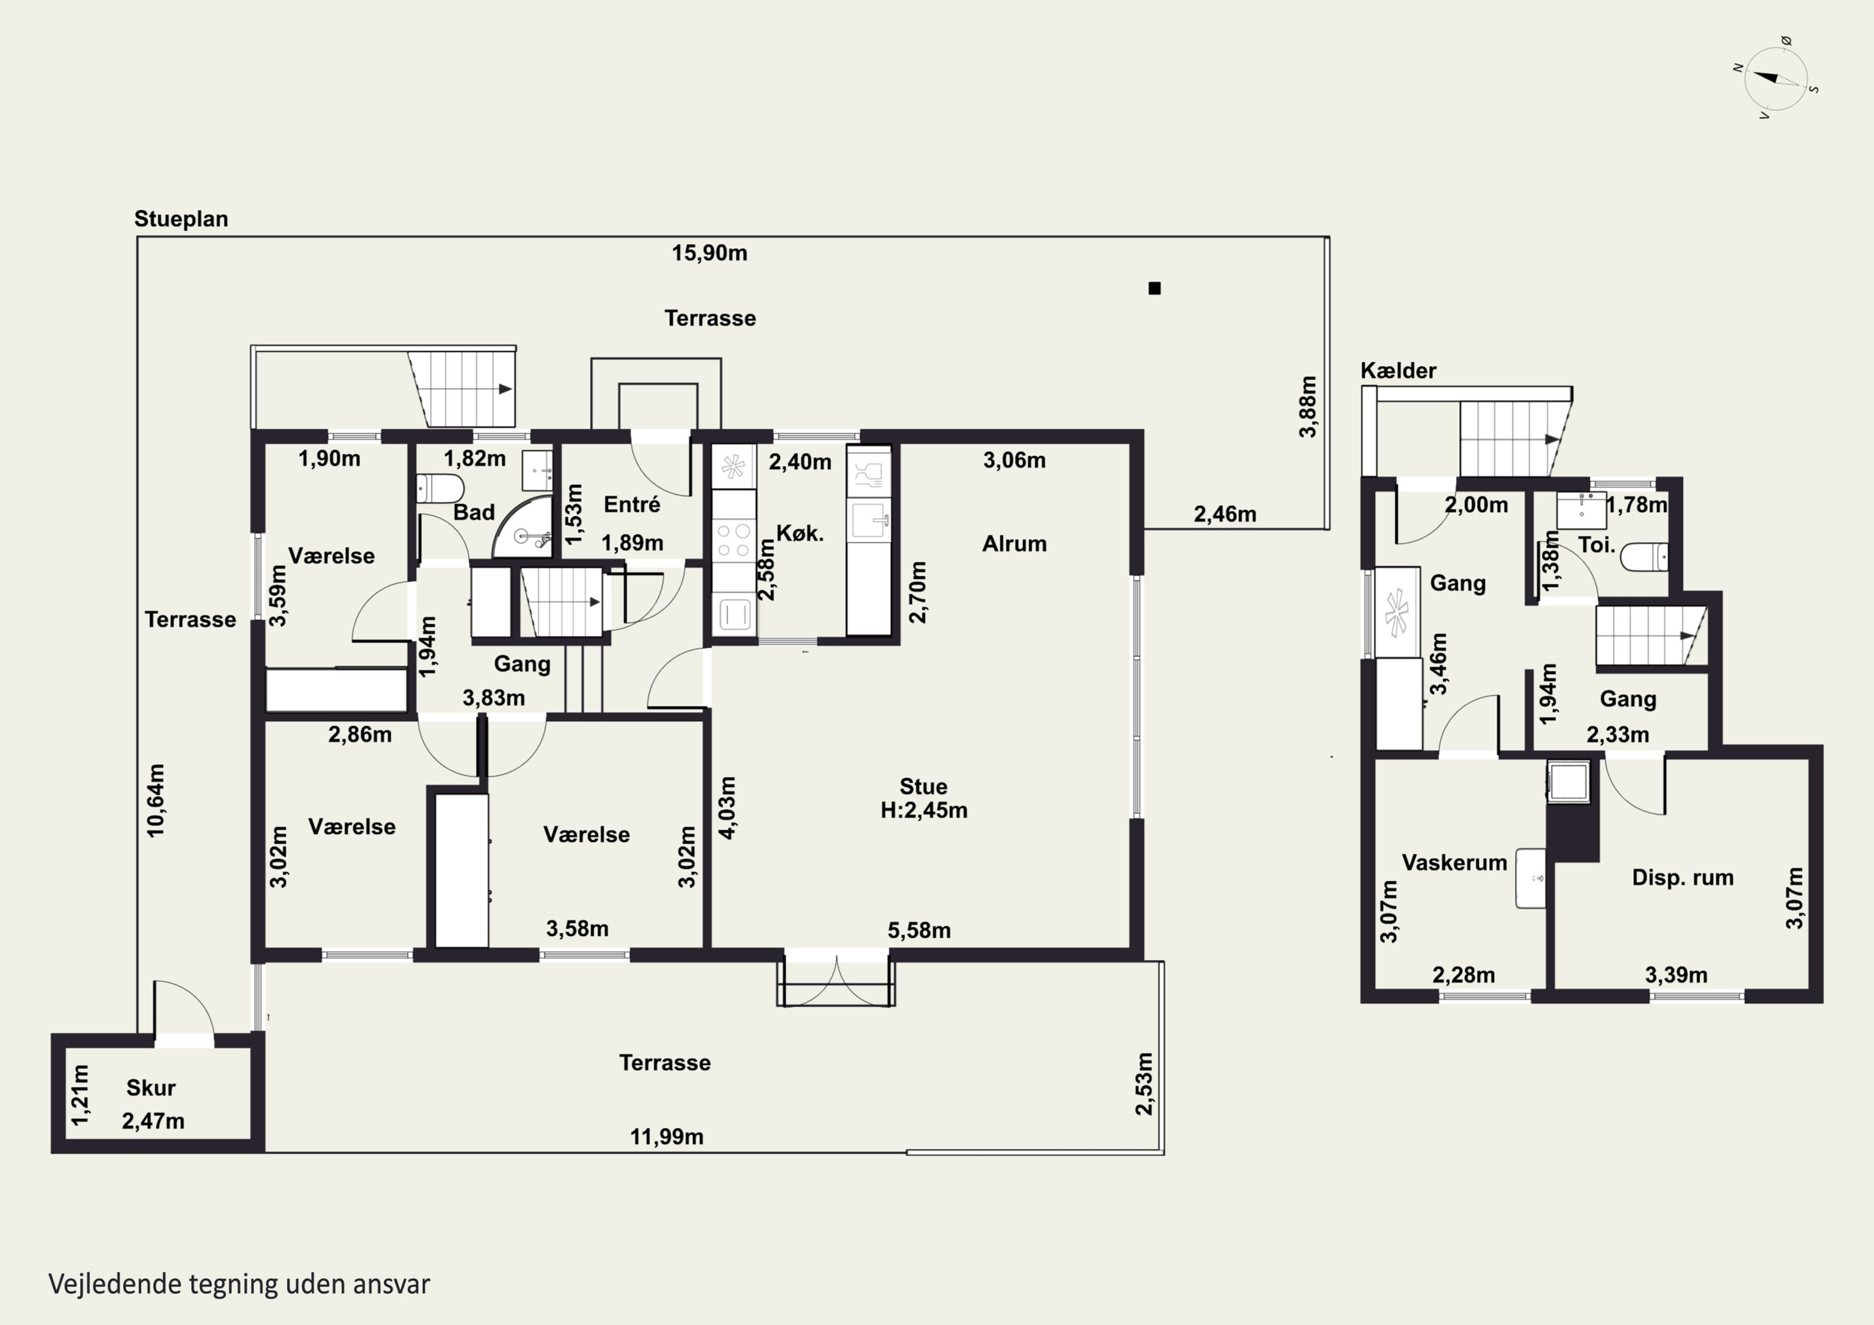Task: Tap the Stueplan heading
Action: pyautogui.click(x=181, y=219)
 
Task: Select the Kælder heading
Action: pyautogui.click(x=1398, y=370)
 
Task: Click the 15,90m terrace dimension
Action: pyautogui.click(x=709, y=253)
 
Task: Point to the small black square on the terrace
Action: pyautogui.click(x=1154, y=288)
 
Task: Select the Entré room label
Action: pyautogui.click(x=632, y=505)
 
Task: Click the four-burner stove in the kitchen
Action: pyautogui.click(x=733, y=540)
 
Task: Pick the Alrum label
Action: pyautogui.click(x=1014, y=543)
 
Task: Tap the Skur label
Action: pyautogui.click(x=151, y=1088)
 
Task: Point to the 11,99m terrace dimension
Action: pyautogui.click(x=666, y=1136)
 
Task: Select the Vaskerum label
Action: pyautogui.click(x=1454, y=862)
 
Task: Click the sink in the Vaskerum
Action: pyautogui.click(x=1530, y=878)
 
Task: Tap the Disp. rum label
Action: pyautogui.click(x=1682, y=878)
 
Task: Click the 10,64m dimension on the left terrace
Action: pyautogui.click(x=156, y=800)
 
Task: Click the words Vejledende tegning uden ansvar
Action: pyautogui.click(x=239, y=1284)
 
